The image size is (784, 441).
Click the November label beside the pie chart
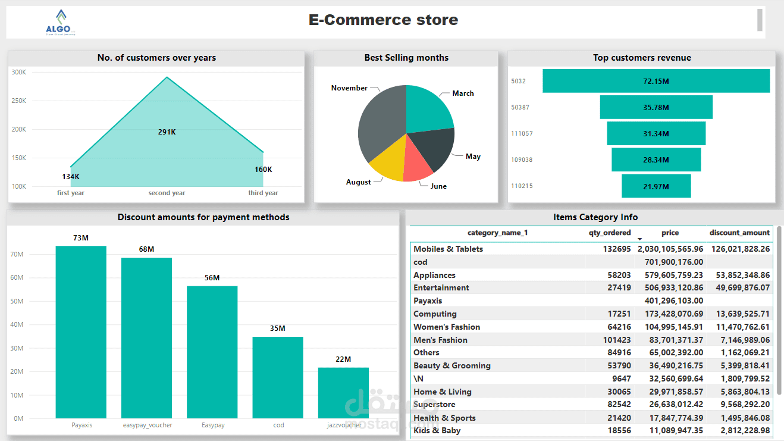[x=349, y=88]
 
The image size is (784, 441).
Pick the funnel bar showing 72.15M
[x=656, y=81]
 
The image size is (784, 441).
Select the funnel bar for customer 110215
[x=656, y=186]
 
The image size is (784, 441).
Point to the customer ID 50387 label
[x=520, y=108]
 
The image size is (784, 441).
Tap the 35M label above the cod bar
[x=278, y=329]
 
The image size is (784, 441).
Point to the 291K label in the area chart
[x=167, y=132]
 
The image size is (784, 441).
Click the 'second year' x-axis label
[x=167, y=193]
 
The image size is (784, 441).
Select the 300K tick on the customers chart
[x=19, y=73]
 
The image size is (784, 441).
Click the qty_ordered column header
[x=610, y=233]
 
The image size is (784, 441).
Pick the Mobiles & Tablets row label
[x=448, y=249]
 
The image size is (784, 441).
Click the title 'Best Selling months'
[x=406, y=58]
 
